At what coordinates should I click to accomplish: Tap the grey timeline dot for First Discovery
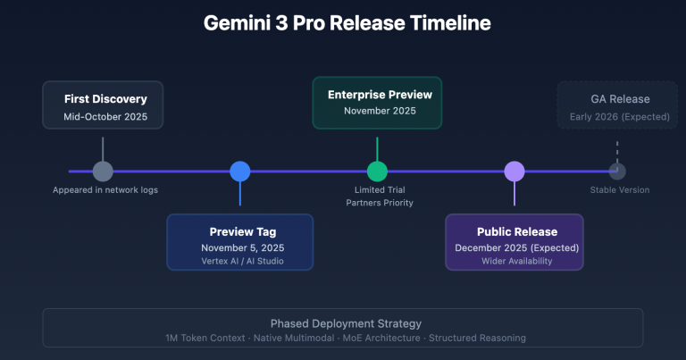tap(103, 172)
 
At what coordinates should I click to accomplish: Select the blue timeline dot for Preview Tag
tap(239, 172)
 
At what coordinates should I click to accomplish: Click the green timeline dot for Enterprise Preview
tap(377, 172)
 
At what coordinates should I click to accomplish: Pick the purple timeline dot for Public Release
tap(514, 172)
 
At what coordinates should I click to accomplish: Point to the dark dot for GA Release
tap(616, 172)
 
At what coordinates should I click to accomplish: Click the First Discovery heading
tap(105, 98)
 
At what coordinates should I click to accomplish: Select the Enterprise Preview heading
tap(380, 93)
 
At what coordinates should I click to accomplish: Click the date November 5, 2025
tap(239, 247)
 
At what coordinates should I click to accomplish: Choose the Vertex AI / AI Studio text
tap(239, 261)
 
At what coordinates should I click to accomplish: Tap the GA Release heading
tap(620, 99)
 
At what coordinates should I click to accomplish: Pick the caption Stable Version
tap(619, 189)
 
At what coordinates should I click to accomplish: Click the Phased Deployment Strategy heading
tap(346, 322)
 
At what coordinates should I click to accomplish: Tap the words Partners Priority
tap(380, 203)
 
